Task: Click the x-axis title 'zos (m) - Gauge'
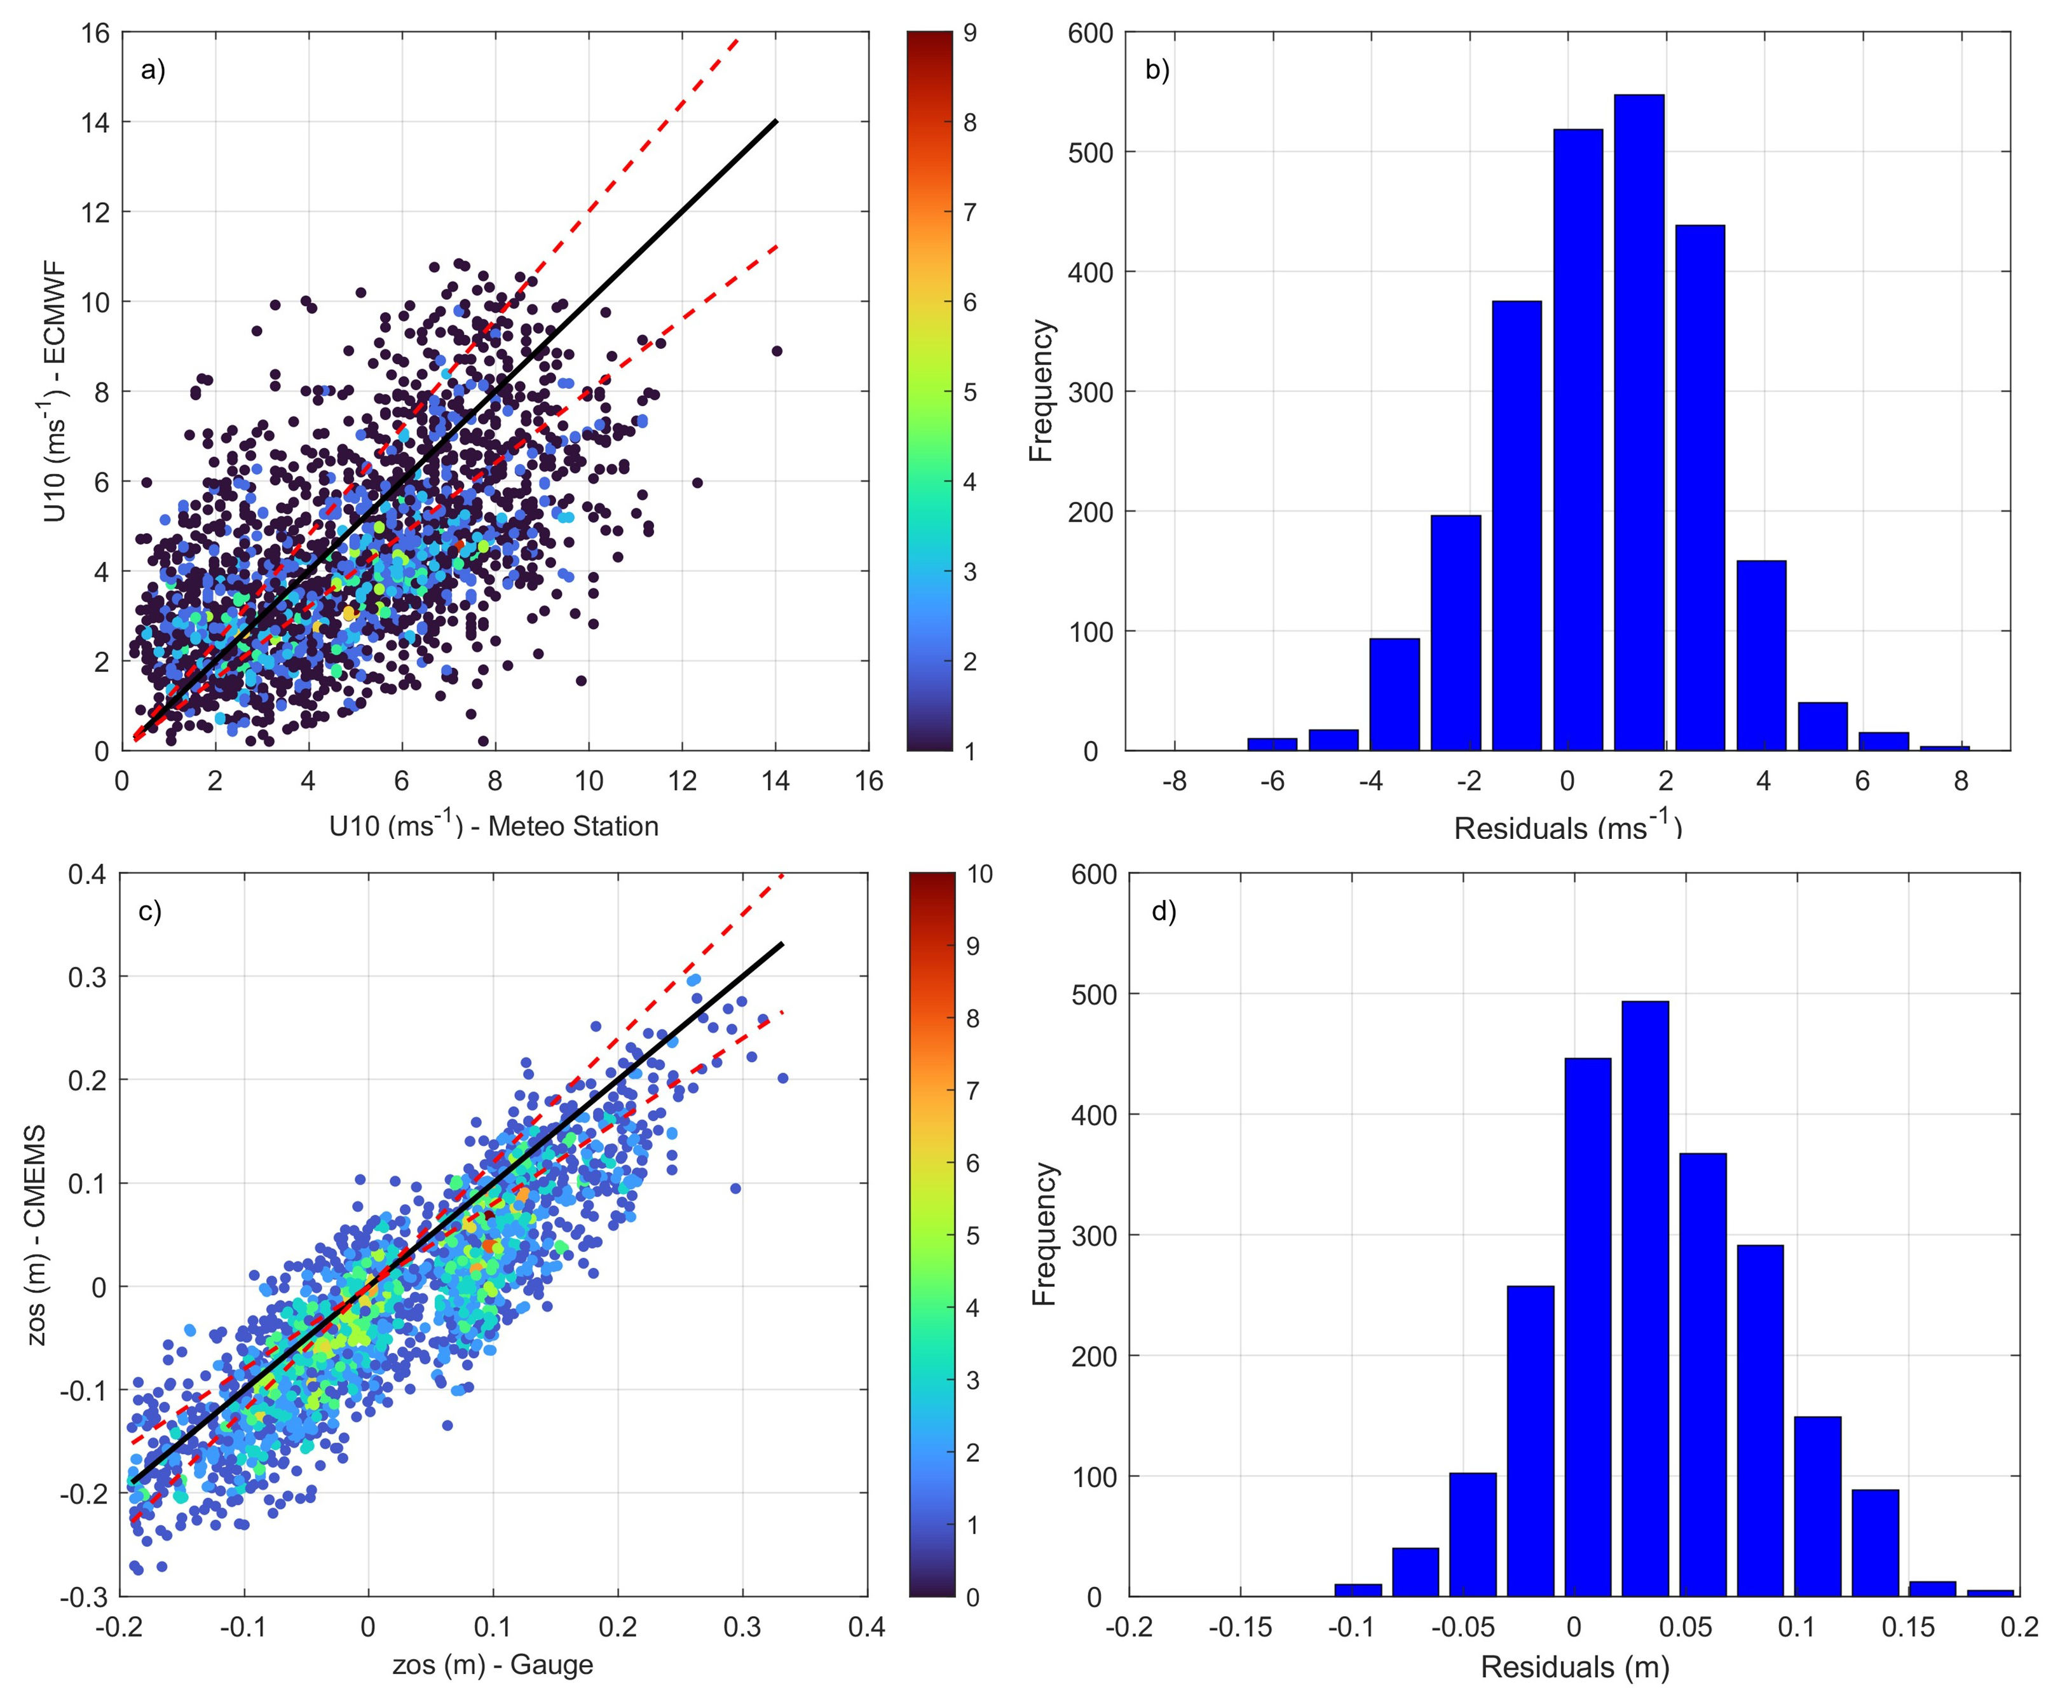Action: (x=493, y=1665)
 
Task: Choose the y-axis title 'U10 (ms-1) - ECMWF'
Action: (x=56, y=392)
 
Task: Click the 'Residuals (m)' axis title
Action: (x=1574, y=1667)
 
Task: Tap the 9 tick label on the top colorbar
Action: (x=969, y=33)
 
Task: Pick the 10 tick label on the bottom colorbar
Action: (x=979, y=874)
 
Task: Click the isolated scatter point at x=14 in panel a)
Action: (x=777, y=350)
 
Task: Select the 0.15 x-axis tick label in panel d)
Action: (x=1908, y=1629)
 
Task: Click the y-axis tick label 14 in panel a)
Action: (x=95, y=123)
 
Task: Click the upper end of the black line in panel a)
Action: (x=776, y=121)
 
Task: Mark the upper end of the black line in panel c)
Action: (x=782, y=944)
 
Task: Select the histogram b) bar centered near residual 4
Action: (x=1761, y=655)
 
